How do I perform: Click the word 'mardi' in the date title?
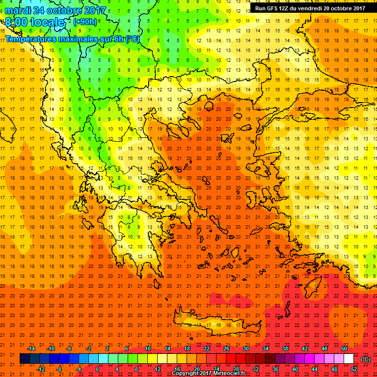[19, 10]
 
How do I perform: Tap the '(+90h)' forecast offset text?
[84, 22]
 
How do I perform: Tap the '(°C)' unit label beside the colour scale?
[366, 360]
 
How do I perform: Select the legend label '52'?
[355, 369]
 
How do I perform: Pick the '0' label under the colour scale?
[97, 369]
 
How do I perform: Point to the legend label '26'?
[226, 349]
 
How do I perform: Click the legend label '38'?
[285, 349]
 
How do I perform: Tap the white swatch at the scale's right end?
[349, 359]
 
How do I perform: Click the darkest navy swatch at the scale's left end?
[25, 359]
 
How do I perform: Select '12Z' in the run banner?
[289, 8]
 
